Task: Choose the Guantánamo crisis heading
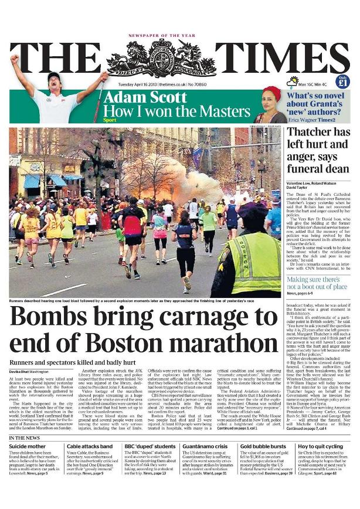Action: [203, 446]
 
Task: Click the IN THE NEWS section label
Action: [25, 438]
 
